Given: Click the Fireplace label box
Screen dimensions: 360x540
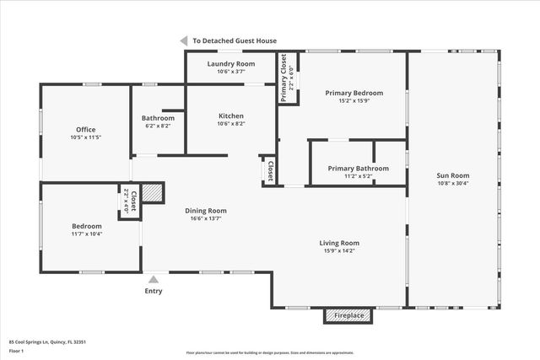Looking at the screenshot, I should click(x=349, y=315).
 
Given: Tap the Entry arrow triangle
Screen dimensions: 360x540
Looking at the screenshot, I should click(x=154, y=279).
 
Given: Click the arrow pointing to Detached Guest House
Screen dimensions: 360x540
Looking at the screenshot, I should click(x=183, y=40).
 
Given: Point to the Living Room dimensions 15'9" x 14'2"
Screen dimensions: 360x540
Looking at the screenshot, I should click(x=338, y=250).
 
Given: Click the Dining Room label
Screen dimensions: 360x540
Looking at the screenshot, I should click(x=206, y=211).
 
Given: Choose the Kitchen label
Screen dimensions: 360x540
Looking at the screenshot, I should click(x=230, y=116).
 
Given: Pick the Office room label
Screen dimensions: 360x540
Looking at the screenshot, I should click(x=86, y=129).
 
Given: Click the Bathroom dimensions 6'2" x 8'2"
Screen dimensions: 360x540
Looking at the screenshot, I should click(x=158, y=126).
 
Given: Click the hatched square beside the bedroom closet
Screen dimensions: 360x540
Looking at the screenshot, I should click(x=152, y=193).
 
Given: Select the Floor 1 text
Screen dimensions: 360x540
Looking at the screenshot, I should click(x=16, y=349).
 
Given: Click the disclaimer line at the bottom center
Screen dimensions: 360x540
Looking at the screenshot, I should click(x=270, y=353).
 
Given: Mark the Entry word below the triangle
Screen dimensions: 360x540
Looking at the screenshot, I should click(x=154, y=291).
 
